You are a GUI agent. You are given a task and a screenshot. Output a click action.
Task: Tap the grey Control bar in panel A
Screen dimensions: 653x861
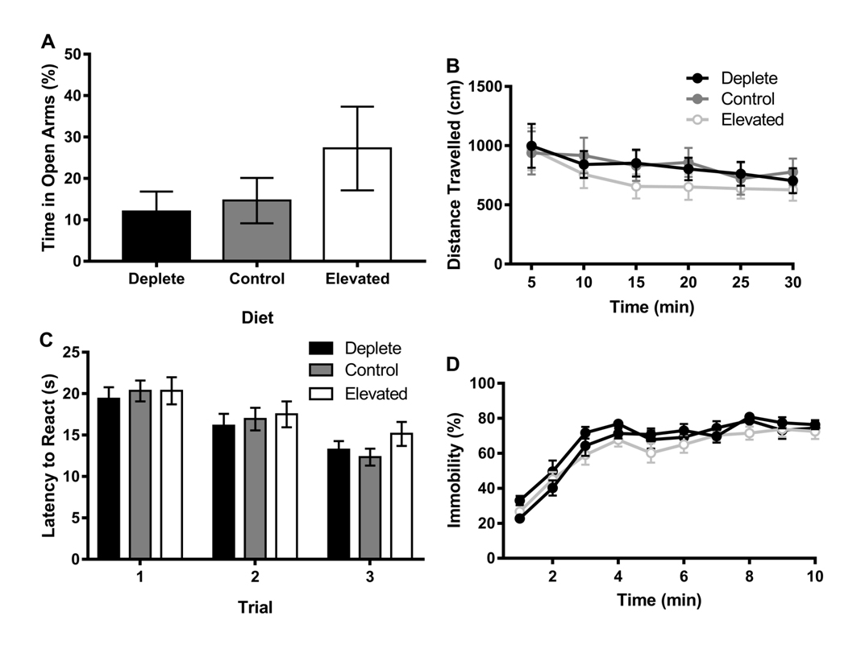[x=257, y=230]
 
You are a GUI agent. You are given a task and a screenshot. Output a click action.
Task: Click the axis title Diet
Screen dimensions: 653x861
[x=257, y=318]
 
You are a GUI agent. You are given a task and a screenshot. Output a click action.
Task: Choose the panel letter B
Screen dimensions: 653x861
[x=453, y=64]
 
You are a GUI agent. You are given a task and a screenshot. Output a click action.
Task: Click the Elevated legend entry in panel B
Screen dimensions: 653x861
[x=752, y=120]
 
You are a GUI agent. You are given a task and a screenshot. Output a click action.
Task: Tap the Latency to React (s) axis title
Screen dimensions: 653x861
[x=49, y=456]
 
